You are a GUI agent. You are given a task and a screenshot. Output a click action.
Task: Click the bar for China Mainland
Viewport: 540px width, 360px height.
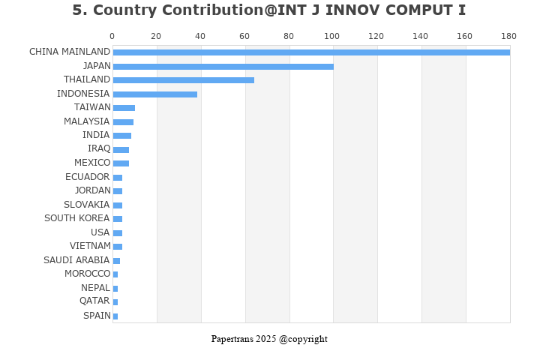[310, 52]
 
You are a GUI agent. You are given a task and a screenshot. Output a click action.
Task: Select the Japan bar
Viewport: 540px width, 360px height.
[223, 67]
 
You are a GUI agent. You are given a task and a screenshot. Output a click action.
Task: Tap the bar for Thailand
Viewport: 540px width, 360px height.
[183, 80]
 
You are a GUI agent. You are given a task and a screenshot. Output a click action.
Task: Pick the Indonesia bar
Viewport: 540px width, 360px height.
[154, 94]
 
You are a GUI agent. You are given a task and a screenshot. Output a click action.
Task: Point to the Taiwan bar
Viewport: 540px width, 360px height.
[124, 108]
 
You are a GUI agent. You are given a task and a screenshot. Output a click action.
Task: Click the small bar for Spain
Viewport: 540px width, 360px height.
[115, 316]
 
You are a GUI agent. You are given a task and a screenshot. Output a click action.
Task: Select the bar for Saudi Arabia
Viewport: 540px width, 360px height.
[116, 261]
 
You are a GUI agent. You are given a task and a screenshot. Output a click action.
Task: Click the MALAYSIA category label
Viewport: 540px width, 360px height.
[86, 121]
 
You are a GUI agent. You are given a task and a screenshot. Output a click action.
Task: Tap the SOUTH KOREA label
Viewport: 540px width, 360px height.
[76, 218]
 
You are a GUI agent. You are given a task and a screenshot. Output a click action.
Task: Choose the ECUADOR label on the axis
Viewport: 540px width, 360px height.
[87, 177]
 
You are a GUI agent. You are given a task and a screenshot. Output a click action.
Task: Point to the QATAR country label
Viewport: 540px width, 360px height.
[94, 301]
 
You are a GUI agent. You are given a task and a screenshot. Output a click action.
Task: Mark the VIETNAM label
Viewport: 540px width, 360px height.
[89, 246]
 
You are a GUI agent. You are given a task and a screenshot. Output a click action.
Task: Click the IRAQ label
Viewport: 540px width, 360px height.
[98, 148]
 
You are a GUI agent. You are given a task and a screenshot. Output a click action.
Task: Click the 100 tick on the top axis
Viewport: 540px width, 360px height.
[332, 36]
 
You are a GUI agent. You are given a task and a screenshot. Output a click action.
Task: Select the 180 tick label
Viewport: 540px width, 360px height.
[508, 36]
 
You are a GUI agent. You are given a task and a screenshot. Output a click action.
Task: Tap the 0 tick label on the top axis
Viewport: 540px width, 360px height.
[112, 36]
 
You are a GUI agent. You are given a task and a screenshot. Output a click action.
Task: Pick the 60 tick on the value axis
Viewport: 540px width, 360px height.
[244, 36]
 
